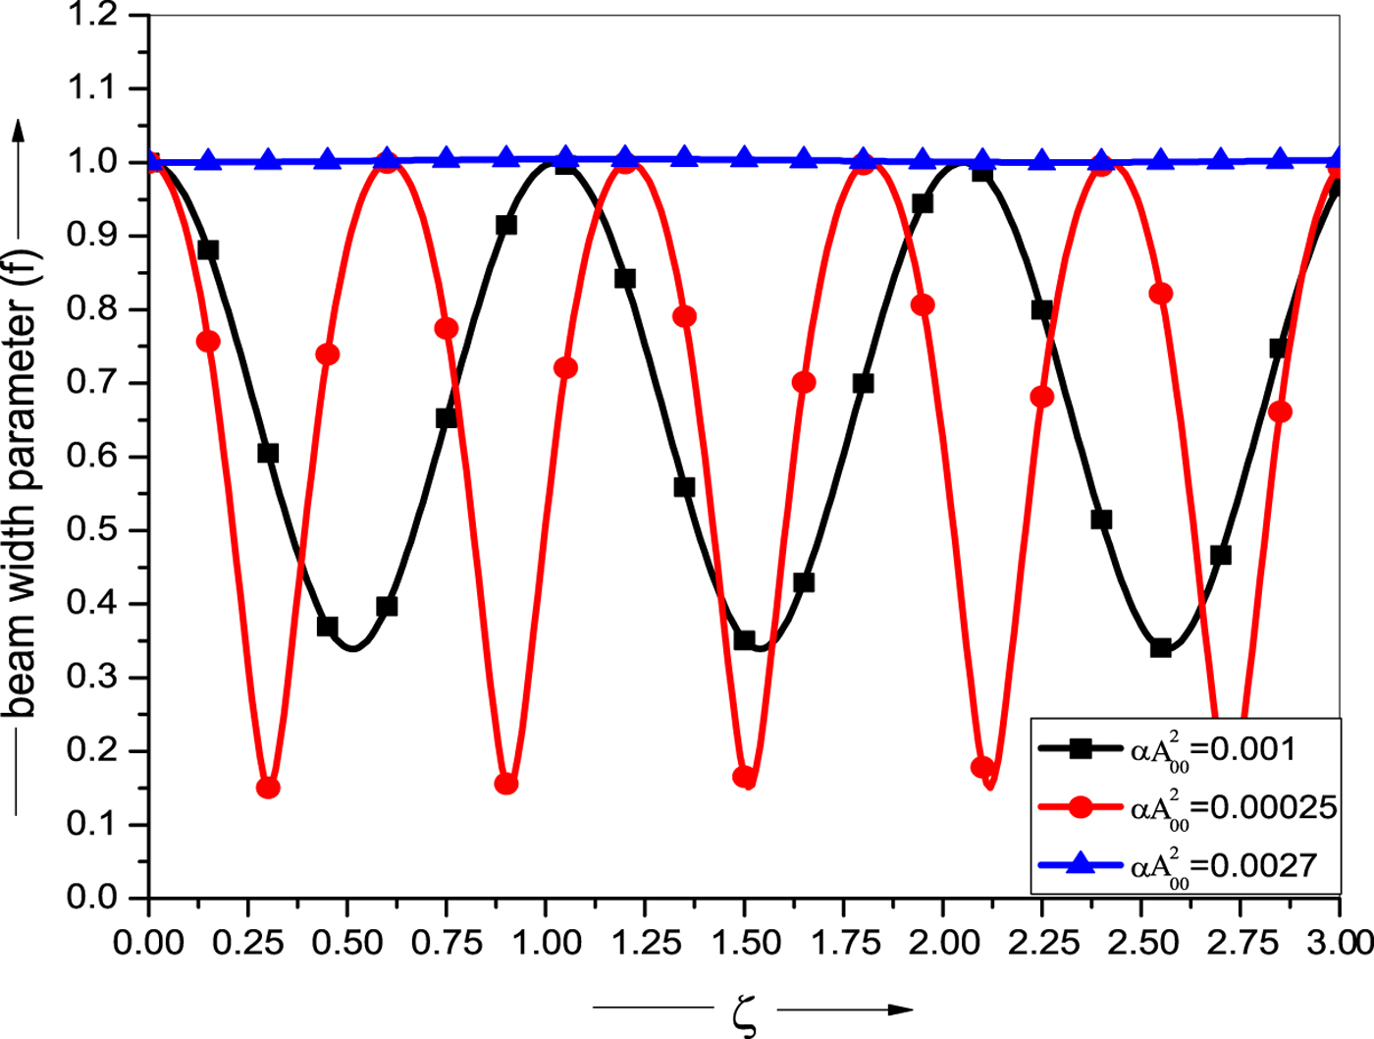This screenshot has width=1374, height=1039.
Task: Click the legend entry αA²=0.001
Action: tap(1213, 750)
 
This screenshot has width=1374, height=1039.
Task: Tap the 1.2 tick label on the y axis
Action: tap(93, 16)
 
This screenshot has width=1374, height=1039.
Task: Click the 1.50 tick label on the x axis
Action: tap(744, 944)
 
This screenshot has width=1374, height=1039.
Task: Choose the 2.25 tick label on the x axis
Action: tap(1041, 944)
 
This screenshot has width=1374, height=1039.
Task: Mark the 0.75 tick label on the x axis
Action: tap(447, 944)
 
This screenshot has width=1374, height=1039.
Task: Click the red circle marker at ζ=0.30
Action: tap(268, 788)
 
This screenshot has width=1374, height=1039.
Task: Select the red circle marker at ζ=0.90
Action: tap(506, 784)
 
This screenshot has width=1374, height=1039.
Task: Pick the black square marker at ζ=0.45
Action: tap(328, 627)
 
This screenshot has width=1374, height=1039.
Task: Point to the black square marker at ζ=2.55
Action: tap(1161, 648)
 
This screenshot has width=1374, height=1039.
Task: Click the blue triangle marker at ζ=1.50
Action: tap(744, 157)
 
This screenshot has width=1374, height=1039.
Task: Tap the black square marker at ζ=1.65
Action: tap(804, 582)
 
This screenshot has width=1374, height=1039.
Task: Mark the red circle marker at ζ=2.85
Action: tap(1280, 411)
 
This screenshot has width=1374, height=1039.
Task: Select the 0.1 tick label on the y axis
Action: tap(93, 824)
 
